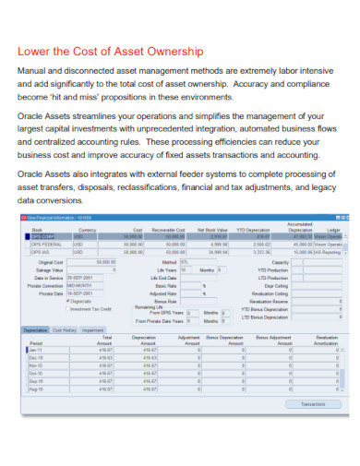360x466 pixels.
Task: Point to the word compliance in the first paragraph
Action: tap(278, 85)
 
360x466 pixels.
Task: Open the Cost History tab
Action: tap(65, 329)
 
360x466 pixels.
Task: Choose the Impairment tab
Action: tap(92, 329)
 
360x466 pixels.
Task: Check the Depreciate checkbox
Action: tap(67, 301)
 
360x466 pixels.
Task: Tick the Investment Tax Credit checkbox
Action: tap(67, 308)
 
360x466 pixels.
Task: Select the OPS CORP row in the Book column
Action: tap(42, 237)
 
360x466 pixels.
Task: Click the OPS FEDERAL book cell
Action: tap(46, 244)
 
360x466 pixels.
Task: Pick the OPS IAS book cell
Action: tap(40, 251)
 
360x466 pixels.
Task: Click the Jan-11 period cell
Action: tap(34, 351)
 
